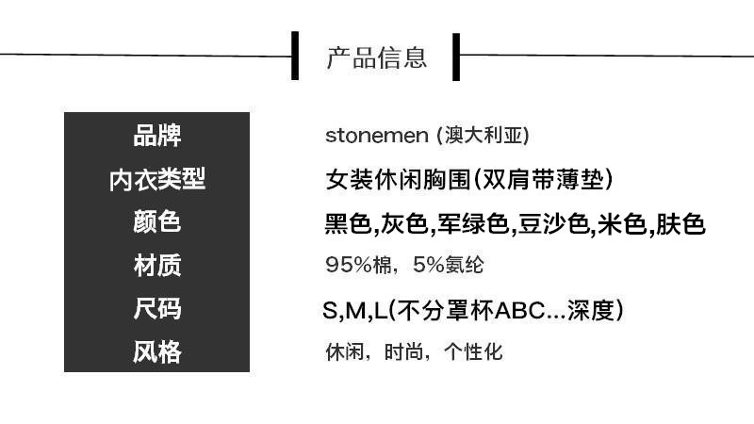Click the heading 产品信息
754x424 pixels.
point(376,57)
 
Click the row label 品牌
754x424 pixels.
point(156,136)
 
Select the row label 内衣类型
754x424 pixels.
point(156,179)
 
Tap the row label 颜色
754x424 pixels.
point(156,222)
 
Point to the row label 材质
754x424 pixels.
point(156,266)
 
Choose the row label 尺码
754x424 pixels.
point(156,309)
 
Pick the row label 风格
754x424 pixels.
point(156,352)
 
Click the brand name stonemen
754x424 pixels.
point(376,135)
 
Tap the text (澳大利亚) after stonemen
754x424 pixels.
point(483,135)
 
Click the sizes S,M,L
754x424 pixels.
point(353,310)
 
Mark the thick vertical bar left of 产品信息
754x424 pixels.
point(296,56)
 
